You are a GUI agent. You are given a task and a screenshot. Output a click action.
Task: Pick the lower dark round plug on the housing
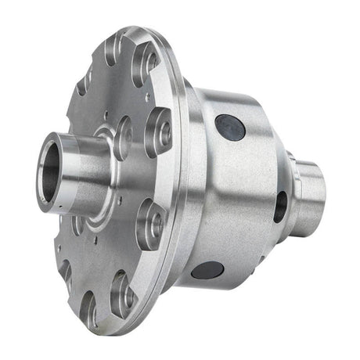(207, 271)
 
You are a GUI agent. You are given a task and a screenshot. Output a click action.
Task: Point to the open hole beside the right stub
(279, 206)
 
